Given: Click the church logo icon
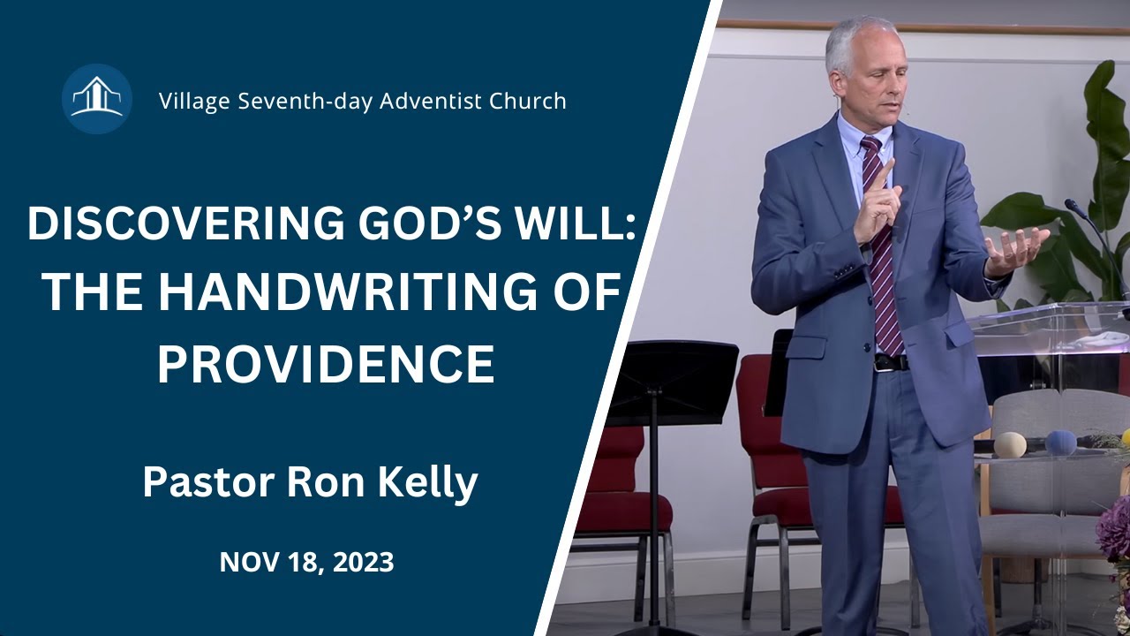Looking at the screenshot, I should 97,99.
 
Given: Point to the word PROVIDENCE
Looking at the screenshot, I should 326,362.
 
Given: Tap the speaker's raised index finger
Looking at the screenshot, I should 885,174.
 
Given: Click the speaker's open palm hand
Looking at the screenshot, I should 1015,247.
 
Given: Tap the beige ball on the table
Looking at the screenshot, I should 1010,443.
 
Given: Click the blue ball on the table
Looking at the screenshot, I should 1060,443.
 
